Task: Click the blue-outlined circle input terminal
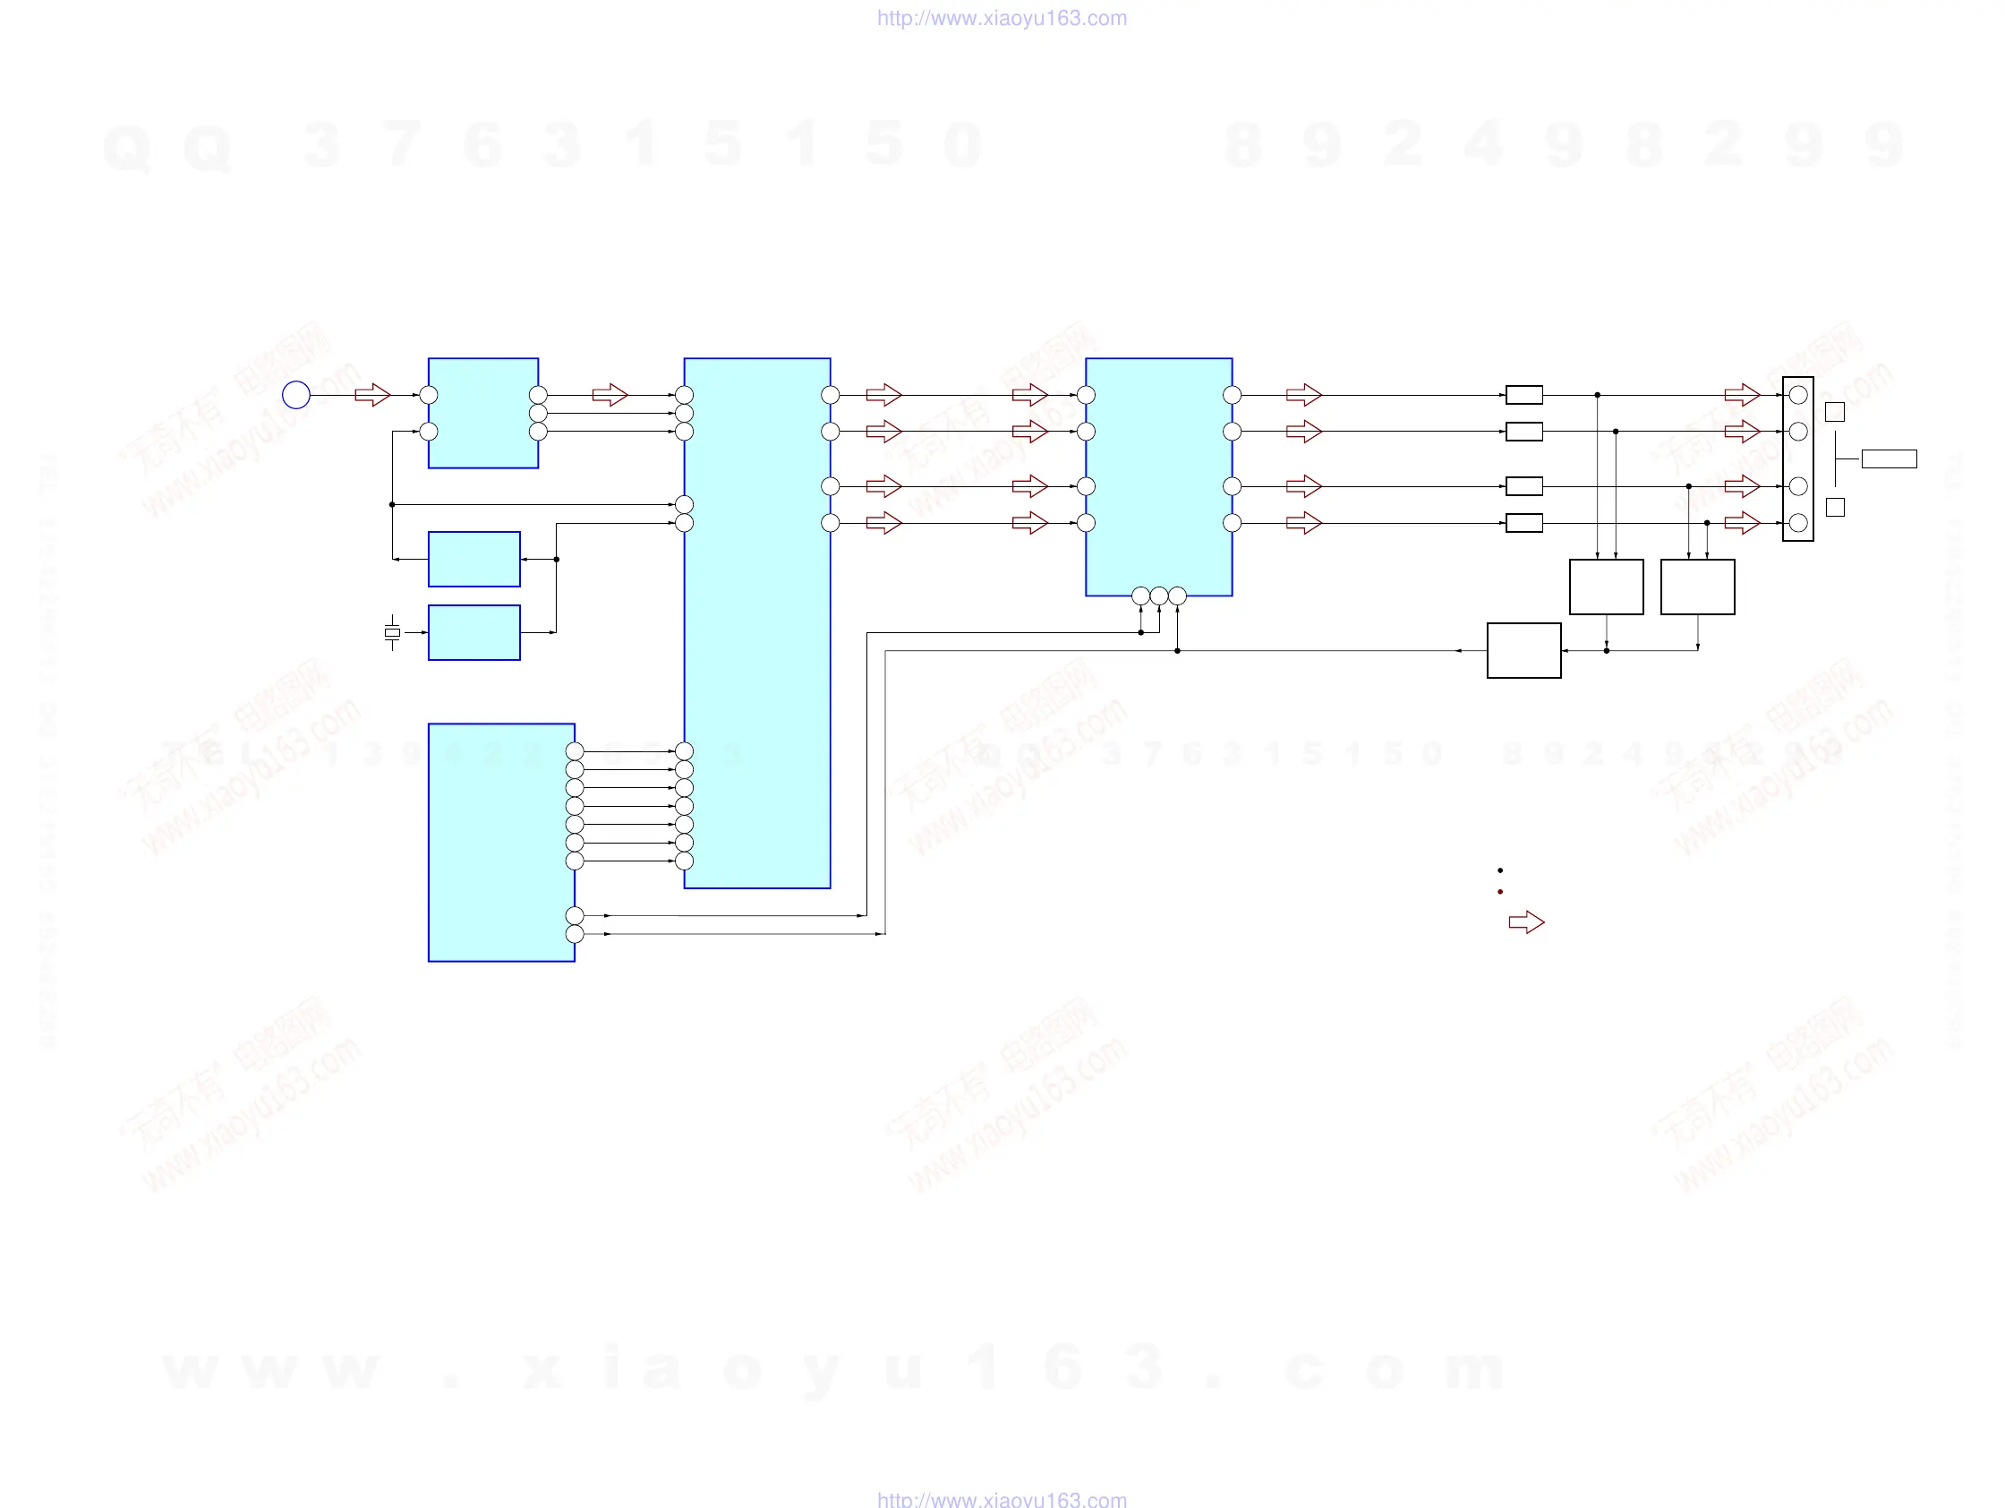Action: tap(296, 394)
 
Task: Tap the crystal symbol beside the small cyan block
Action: tap(391, 632)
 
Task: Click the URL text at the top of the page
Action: tap(1002, 18)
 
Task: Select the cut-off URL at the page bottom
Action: tap(1002, 1499)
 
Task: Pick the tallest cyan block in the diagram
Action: tap(757, 623)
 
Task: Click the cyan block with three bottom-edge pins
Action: tap(1158, 476)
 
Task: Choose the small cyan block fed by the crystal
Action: tap(474, 632)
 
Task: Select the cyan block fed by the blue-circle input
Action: tap(483, 413)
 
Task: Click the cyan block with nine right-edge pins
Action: tap(501, 842)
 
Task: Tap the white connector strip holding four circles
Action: tap(1797, 458)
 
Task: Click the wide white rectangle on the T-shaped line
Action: tap(1889, 458)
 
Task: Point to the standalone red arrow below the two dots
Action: tap(1526, 922)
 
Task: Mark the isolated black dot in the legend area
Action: tap(1500, 870)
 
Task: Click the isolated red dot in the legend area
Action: tap(1500, 892)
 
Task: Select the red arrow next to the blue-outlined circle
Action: tap(371, 394)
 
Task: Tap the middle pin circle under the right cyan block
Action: tap(1158, 595)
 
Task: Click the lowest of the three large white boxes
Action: tap(1523, 650)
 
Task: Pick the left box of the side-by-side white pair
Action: tap(1606, 587)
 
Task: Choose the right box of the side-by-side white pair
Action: tap(1698, 587)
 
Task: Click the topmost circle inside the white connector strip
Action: tap(1798, 394)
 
